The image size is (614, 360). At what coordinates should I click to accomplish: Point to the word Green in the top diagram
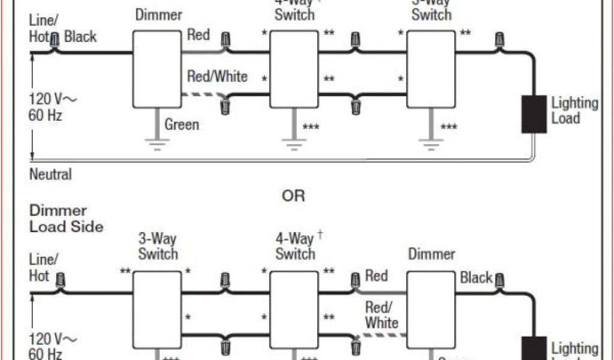point(182,125)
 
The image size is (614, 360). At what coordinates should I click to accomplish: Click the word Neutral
point(50,175)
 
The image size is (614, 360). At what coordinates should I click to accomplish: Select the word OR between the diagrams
point(293,196)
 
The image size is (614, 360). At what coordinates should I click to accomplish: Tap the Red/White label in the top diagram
point(217,77)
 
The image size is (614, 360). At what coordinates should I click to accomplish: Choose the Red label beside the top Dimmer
point(198,35)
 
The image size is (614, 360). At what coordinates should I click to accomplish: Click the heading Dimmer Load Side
point(66,218)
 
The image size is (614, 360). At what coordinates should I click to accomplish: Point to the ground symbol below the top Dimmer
point(157,144)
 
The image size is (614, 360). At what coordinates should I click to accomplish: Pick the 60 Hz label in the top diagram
point(46,115)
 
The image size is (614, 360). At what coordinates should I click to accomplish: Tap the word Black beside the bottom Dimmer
point(476,278)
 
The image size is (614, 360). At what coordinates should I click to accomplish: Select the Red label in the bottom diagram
point(377,276)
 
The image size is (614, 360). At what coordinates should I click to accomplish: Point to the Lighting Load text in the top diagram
point(574,110)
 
